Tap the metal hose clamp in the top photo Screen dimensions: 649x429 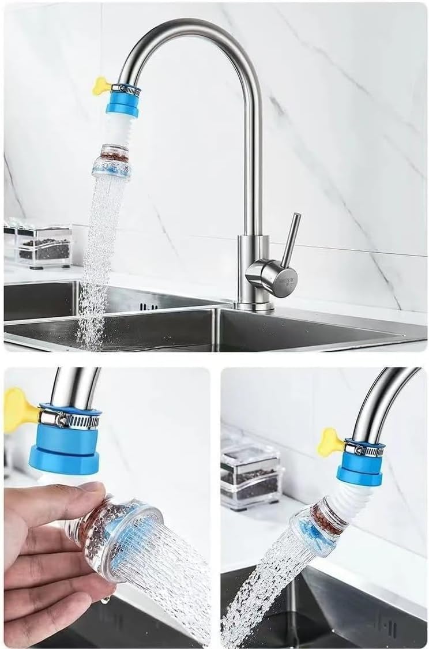[126, 89]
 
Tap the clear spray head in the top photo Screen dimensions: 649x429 [111, 167]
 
